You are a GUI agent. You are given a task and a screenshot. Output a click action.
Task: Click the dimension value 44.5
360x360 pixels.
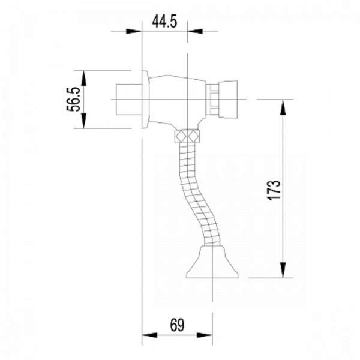[164, 23]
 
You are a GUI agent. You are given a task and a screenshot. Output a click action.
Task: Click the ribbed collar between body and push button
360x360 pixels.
[213, 99]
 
